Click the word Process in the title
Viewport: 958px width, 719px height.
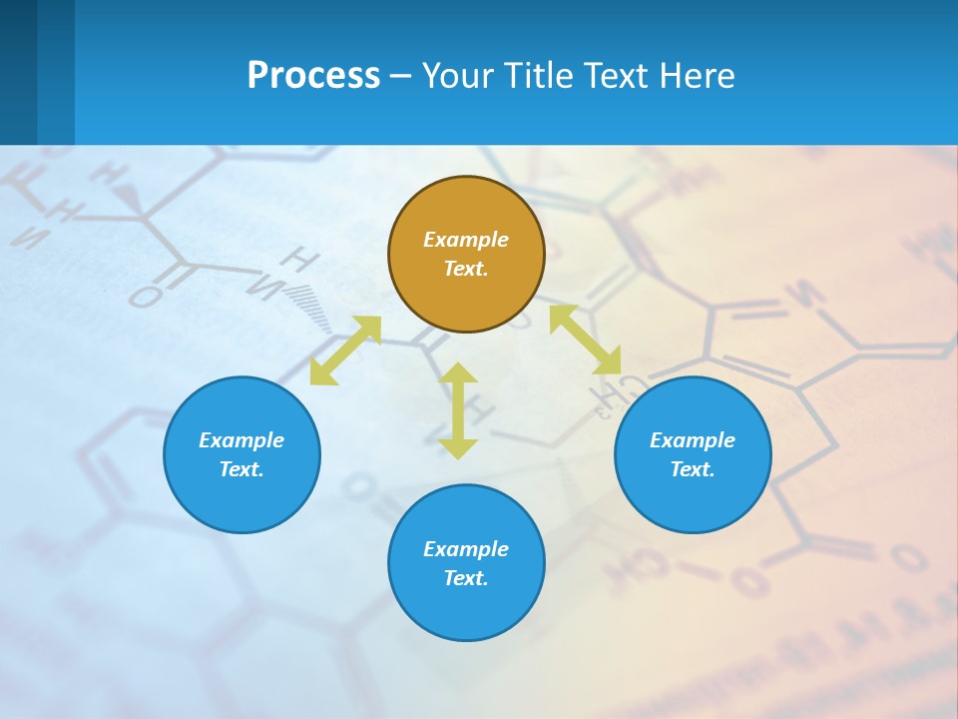tap(313, 76)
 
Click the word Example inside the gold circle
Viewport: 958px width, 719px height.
tap(466, 240)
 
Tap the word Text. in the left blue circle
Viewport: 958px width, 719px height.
tap(241, 469)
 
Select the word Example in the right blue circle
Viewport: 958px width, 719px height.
tap(693, 440)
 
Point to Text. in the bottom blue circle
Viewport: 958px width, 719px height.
tap(466, 578)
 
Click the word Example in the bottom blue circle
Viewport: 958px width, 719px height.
tap(466, 549)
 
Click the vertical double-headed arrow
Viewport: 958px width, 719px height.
tap(458, 410)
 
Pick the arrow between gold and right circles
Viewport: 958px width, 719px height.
tap(585, 341)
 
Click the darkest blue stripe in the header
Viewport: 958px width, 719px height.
tap(18, 72)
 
